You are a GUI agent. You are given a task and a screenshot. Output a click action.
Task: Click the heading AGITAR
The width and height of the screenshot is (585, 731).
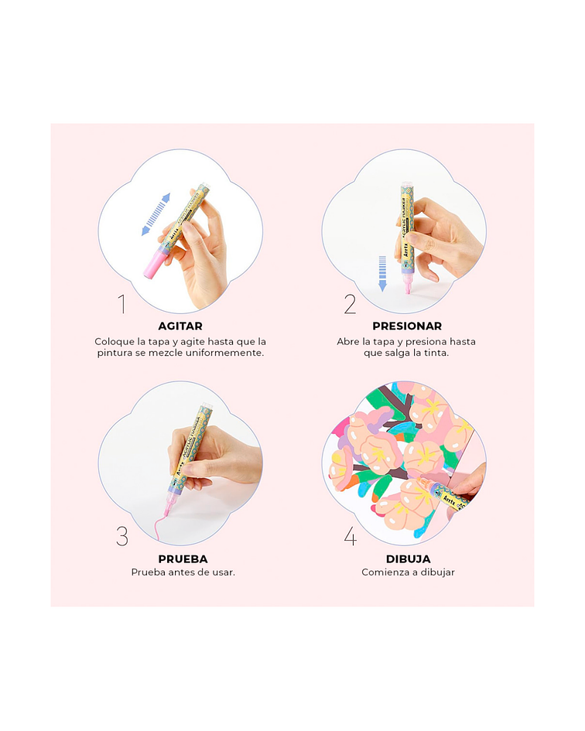(180, 326)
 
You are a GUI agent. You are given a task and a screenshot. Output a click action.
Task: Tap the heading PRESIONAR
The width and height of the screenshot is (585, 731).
(407, 326)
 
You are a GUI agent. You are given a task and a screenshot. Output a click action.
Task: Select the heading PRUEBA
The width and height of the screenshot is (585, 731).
(183, 559)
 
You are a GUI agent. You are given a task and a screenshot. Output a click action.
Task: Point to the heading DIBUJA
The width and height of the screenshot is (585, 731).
(409, 559)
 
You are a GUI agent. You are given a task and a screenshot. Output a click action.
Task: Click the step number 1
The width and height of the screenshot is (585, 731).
(121, 304)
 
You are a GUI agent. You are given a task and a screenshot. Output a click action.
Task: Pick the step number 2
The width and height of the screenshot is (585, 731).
(350, 304)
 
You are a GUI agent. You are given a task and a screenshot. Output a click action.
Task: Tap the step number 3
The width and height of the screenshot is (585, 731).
(121, 536)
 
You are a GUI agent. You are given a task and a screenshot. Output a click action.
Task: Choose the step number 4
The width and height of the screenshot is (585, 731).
(351, 536)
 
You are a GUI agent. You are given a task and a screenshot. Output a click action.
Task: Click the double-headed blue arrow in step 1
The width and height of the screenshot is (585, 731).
(156, 214)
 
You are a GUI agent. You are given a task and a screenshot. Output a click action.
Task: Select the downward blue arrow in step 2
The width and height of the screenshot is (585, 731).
(382, 274)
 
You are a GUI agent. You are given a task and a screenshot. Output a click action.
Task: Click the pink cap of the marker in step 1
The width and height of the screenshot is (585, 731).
(153, 266)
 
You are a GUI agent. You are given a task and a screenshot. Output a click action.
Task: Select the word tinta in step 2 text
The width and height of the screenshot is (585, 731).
(435, 353)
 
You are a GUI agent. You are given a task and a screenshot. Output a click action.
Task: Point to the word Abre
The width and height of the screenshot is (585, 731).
(348, 341)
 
